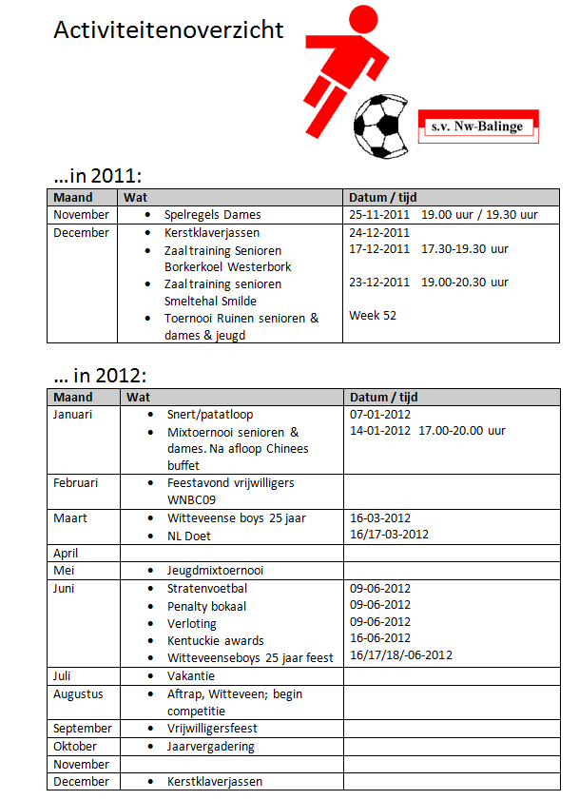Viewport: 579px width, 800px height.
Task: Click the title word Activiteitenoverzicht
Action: tap(168, 30)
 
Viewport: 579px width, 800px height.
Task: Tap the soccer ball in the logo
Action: tap(380, 125)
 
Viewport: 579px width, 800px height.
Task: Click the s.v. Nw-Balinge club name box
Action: tap(477, 126)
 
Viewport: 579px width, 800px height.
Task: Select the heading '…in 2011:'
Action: tap(98, 175)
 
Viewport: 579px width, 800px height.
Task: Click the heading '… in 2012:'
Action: tap(101, 375)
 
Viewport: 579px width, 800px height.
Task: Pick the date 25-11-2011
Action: tap(379, 215)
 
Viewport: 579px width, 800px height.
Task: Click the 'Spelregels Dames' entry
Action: tap(212, 215)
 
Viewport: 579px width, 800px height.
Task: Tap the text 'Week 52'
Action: tap(373, 316)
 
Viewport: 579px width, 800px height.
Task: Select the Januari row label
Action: tap(74, 415)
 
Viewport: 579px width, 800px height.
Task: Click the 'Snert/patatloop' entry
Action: tap(209, 415)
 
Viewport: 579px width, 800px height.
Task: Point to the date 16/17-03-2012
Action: tap(390, 535)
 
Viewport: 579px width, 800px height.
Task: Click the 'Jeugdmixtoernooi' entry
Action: tap(215, 571)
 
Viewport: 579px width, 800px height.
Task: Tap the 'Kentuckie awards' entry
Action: tap(215, 640)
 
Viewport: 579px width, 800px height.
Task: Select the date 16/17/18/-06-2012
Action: tap(401, 655)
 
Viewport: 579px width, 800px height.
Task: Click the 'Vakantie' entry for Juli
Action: tap(190, 676)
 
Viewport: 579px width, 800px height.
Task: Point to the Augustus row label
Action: tap(78, 694)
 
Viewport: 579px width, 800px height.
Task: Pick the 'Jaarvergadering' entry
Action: tap(210, 747)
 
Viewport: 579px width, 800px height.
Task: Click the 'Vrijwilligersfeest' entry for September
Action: tap(212, 729)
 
